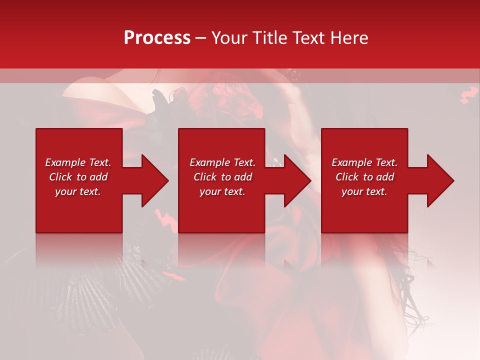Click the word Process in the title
157,38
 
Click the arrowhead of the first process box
155,180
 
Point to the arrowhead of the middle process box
297,180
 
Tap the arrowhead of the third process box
440,180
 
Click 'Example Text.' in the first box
78,162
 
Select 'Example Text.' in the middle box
222,162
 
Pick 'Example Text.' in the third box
364,162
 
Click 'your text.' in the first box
78,191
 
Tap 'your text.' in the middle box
222,191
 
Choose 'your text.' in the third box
364,191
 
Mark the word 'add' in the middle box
243,177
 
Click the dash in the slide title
201,38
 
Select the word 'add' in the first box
98,177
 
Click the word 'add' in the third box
385,177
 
